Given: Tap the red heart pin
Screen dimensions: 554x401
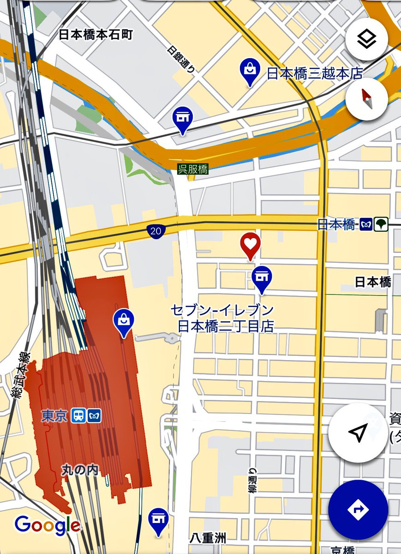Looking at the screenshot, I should [250, 245].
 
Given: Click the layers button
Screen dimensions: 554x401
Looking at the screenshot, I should [367, 40].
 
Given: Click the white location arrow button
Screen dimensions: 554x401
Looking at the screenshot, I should [358, 433].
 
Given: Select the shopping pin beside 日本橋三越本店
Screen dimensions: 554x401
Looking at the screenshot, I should [250, 71].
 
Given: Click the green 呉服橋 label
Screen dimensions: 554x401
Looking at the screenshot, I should [193, 169].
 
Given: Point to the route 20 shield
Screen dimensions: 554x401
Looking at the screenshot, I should [156, 231].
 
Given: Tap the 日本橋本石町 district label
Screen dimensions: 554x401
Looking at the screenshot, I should [96, 35].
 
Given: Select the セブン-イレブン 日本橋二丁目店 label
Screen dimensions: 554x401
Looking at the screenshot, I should [222, 318].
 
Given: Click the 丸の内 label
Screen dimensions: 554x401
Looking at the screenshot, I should [80, 470].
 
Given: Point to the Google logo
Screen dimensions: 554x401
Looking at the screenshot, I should [47, 525].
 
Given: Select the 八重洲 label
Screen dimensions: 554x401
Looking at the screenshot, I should [208, 538].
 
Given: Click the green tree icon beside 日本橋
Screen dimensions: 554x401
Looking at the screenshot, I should [382, 224].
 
